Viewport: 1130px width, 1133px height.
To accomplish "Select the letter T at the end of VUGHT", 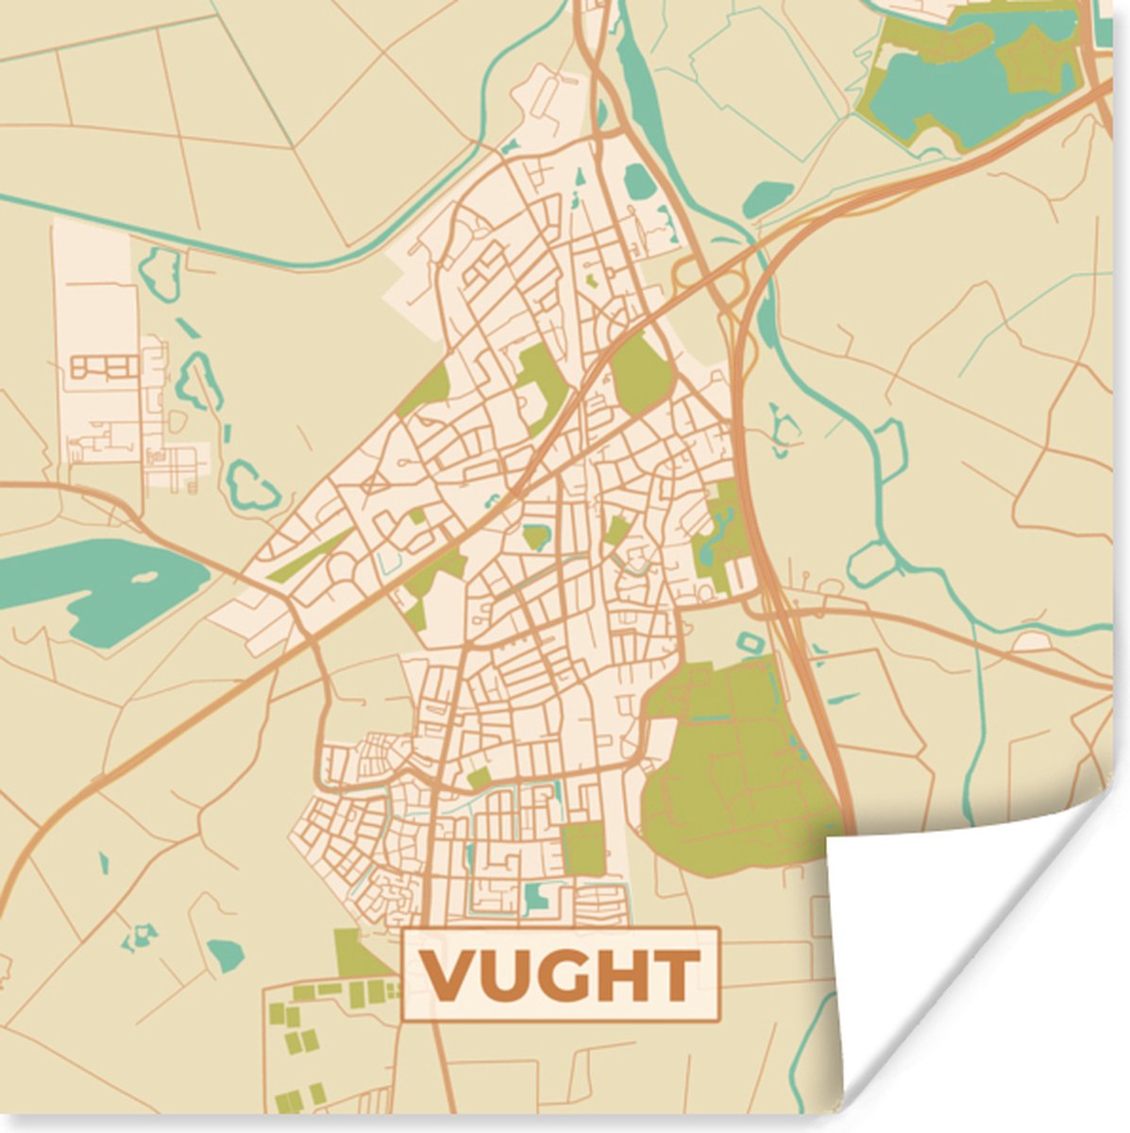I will click(676, 975).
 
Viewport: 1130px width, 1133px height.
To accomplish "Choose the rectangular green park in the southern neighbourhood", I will click(584, 847).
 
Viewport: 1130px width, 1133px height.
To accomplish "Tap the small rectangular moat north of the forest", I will click(753, 643).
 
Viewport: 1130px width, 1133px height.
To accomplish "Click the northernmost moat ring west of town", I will click(160, 273).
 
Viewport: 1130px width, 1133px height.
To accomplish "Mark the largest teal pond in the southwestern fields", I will click(226, 955).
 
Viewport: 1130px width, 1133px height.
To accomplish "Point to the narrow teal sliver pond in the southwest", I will click(104, 862).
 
